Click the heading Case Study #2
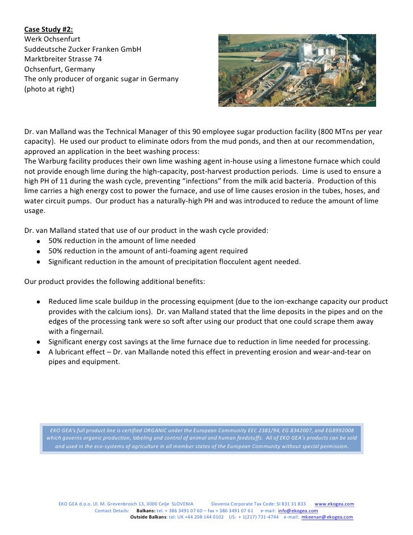point(48,29)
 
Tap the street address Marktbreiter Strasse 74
point(64,58)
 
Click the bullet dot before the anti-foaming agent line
point(37,251)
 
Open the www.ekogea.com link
point(334,504)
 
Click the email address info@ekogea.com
point(298,511)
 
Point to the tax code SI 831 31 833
point(285,504)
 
